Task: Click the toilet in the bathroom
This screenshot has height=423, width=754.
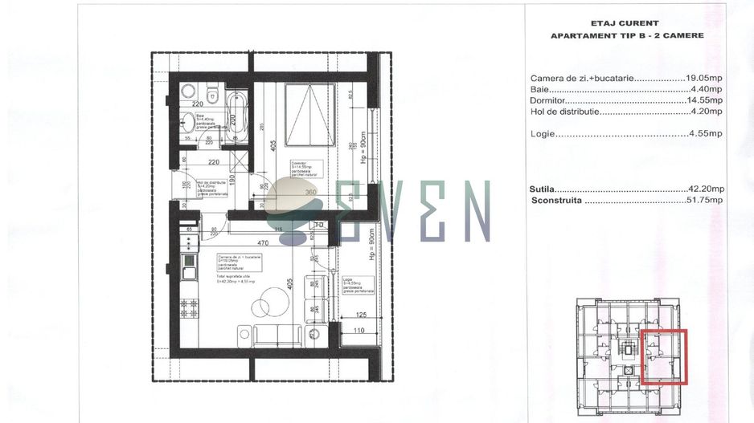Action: [213, 96]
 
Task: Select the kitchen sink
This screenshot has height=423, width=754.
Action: [190, 259]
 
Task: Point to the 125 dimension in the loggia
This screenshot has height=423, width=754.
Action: [361, 315]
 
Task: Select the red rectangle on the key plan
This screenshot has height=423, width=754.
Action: [663, 357]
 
